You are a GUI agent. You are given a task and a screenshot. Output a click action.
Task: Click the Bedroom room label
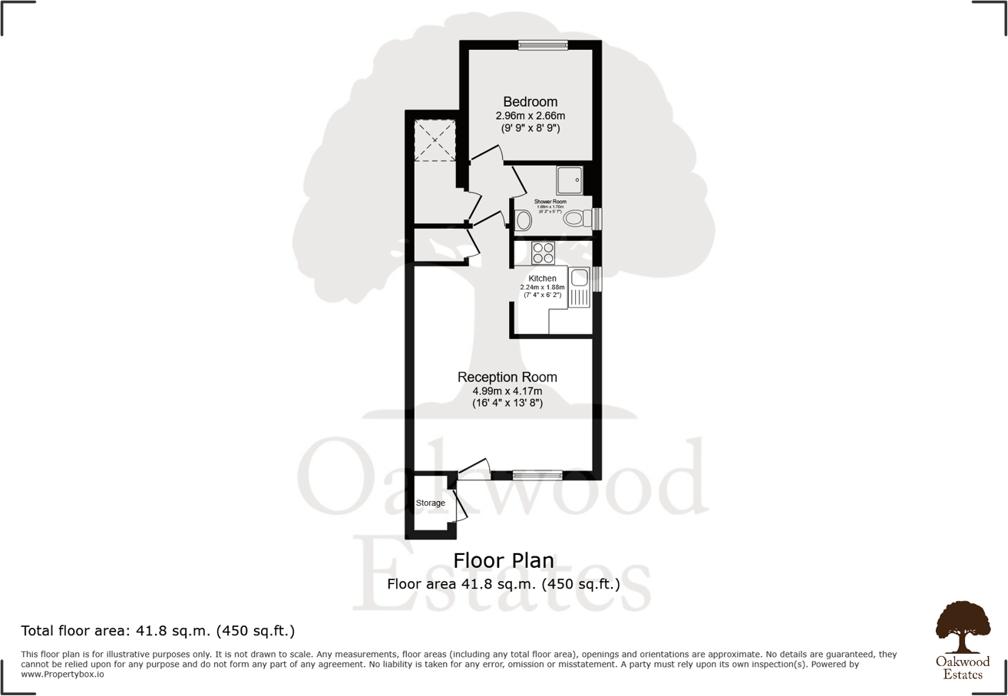click(x=530, y=101)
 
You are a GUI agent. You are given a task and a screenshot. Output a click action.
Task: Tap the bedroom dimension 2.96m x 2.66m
click(x=530, y=116)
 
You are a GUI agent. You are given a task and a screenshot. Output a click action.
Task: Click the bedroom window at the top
click(x=543, y=45)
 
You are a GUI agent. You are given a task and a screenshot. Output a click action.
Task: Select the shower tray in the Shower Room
click(x=570, y=180)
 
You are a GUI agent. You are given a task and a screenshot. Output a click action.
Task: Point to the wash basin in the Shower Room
click(x=524, y=221)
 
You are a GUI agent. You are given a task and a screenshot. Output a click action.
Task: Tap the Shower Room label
click(x=550, y=202)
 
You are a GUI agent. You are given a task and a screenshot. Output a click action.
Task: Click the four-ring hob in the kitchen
click(x=544, y=252)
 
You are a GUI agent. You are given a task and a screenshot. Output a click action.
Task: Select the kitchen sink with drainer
click(x=578, y=287)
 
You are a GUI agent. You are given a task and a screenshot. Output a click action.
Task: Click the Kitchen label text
click(x=543, y=278)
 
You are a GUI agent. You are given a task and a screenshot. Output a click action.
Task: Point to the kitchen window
click(x=597, y=279)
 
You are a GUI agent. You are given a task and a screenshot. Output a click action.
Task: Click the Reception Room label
click(x=507, y=377)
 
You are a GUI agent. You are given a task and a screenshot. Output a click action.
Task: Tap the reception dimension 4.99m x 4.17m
click(x=507, y=391)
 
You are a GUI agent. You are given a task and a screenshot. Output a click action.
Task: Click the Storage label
click(x=431, y=503)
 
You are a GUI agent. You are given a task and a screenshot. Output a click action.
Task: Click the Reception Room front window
click(x=537, y=475)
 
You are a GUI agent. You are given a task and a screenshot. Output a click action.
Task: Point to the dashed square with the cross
click(x=435, y=141)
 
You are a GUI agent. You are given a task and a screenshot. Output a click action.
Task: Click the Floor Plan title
click(x=503, y=560)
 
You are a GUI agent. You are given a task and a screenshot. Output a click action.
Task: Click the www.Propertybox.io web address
click(x=62, y=675)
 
